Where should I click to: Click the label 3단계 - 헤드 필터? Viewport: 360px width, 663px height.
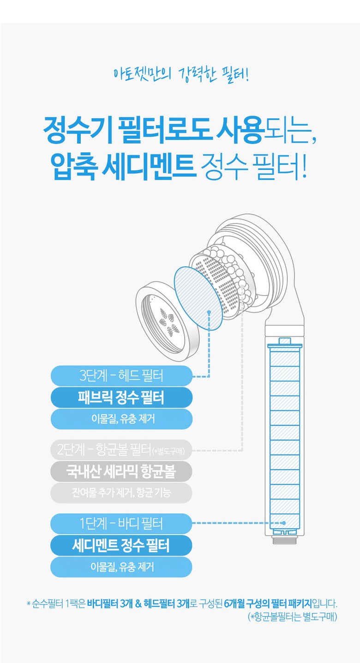pos(121,376)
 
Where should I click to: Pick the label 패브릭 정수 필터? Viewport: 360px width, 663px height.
pos(121,398)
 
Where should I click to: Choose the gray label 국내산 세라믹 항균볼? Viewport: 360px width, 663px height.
pos(121,471)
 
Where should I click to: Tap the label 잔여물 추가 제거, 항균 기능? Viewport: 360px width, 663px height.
pos(121,493)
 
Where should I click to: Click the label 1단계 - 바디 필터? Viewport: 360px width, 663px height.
pos(121,524)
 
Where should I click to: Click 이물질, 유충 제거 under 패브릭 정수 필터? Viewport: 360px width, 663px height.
pos(121,419)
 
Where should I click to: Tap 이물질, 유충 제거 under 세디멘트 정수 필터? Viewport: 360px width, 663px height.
pos(121,567)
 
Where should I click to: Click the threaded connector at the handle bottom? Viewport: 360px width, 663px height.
pos(284,539)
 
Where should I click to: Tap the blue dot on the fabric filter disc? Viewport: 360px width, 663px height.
pos(209,313)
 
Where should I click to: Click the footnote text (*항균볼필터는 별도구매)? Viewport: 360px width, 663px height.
pos(292,617)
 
